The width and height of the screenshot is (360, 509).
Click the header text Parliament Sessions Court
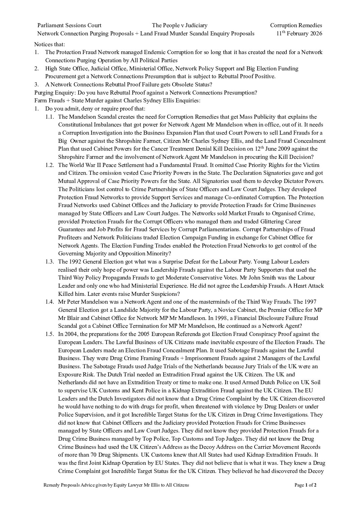pyautogui.click(x=69, y=25)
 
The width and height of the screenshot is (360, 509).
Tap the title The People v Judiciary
pyautogui.click(x=179, y=25)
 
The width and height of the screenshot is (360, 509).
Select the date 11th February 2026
pyautogui.click(x=299, y=33)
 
